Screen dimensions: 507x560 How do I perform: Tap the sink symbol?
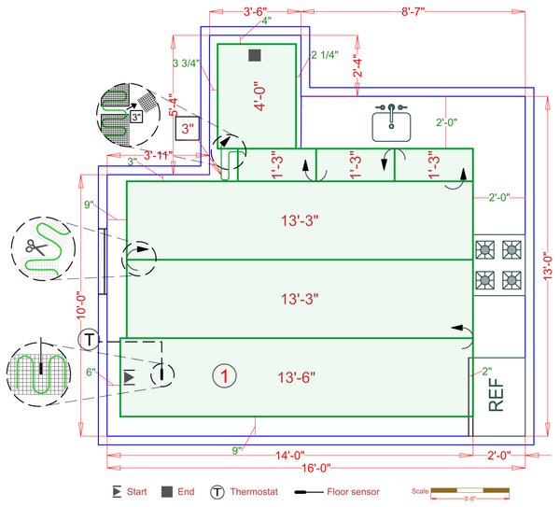click(391, 123)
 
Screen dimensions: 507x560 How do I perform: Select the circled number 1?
click(223, 376)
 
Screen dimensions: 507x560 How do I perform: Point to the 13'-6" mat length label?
click(298, 377)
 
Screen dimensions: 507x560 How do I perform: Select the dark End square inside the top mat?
click(254, 56)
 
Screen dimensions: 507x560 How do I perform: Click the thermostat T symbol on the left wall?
click(88, 339)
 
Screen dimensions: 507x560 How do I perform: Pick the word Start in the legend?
click(136, 490)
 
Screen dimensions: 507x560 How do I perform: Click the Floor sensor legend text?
click(352, 490)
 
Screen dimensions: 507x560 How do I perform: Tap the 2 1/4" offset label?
click(324, 54)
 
